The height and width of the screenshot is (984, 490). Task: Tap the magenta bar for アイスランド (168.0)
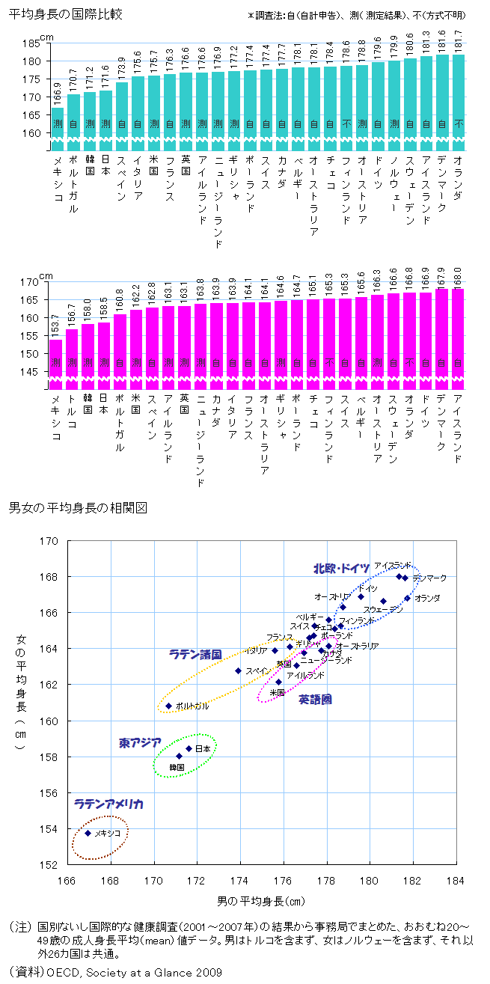(458, 337)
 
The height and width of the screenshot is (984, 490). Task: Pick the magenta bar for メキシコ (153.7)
(55, 363)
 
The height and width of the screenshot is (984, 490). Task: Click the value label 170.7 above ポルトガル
(73, 81)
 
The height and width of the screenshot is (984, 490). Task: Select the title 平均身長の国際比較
(66, 14)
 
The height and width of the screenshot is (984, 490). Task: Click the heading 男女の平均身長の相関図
(77, 507)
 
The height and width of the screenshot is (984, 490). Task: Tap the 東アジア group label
(140, 743)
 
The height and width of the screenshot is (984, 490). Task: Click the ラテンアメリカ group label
(108, 804)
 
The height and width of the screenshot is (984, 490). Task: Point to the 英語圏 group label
(315, 699)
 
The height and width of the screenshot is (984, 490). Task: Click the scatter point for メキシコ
(88, 833)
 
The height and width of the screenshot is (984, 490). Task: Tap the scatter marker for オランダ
(408, 598)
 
